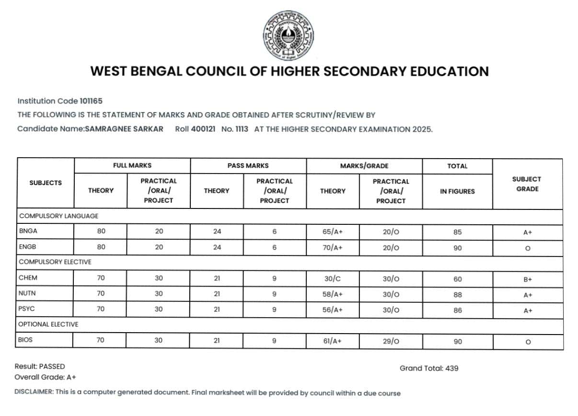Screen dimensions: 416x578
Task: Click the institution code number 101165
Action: coord(91,101)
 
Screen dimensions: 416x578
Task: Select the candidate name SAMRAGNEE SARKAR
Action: coord(124,129)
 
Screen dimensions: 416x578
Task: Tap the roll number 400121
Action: coord(203,129)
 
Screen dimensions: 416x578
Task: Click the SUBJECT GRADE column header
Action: coord(527,184)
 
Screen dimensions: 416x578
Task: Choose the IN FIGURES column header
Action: coord(457,191)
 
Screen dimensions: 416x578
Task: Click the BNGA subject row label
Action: coord(28,231)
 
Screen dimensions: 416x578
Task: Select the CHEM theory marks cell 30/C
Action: coord(333,278)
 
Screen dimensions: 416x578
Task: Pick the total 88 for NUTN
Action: coord(458,295)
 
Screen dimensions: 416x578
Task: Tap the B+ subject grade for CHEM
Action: coord(528,279)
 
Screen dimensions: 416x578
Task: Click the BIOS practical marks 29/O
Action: coord(391,341)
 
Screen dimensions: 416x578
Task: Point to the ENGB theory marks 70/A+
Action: coord(333,247)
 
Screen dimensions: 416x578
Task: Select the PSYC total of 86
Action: coord(458,310)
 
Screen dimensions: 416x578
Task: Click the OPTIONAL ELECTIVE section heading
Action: coord(48,324)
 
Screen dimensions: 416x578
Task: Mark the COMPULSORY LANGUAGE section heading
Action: coord(58,216)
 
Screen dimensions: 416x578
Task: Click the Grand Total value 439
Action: coord(451,368)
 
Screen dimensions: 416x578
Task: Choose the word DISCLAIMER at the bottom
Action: coord(34,393)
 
